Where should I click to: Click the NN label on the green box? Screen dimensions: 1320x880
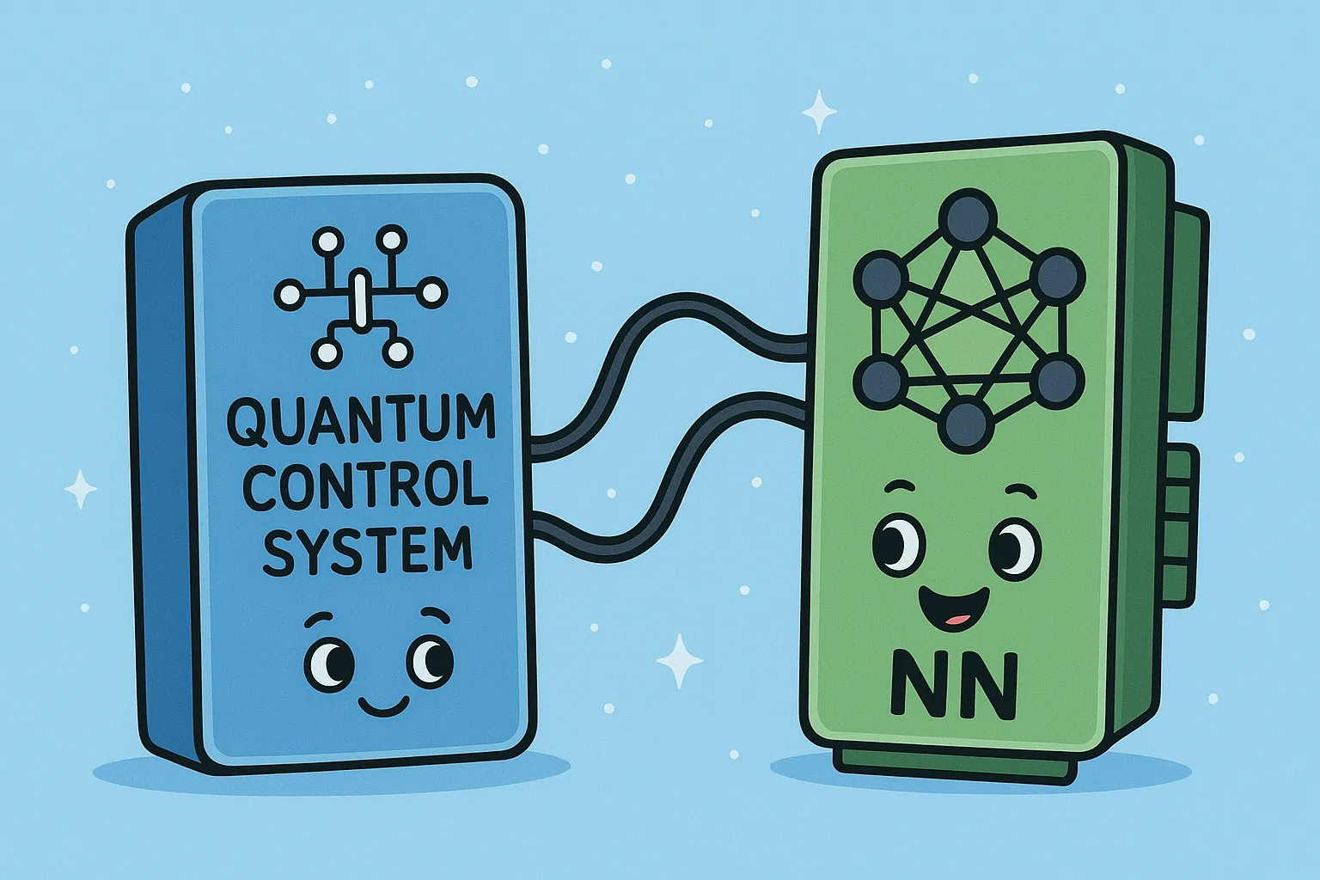(953, 685)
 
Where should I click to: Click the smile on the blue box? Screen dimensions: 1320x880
(383, 706)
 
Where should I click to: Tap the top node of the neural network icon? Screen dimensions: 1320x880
(967, 217)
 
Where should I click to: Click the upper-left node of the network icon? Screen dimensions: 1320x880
(881, 277)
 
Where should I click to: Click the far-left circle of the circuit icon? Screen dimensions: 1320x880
(290, 294)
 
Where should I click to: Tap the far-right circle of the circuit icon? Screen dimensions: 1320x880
(432, 292)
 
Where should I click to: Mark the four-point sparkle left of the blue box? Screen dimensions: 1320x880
(81, 489)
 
